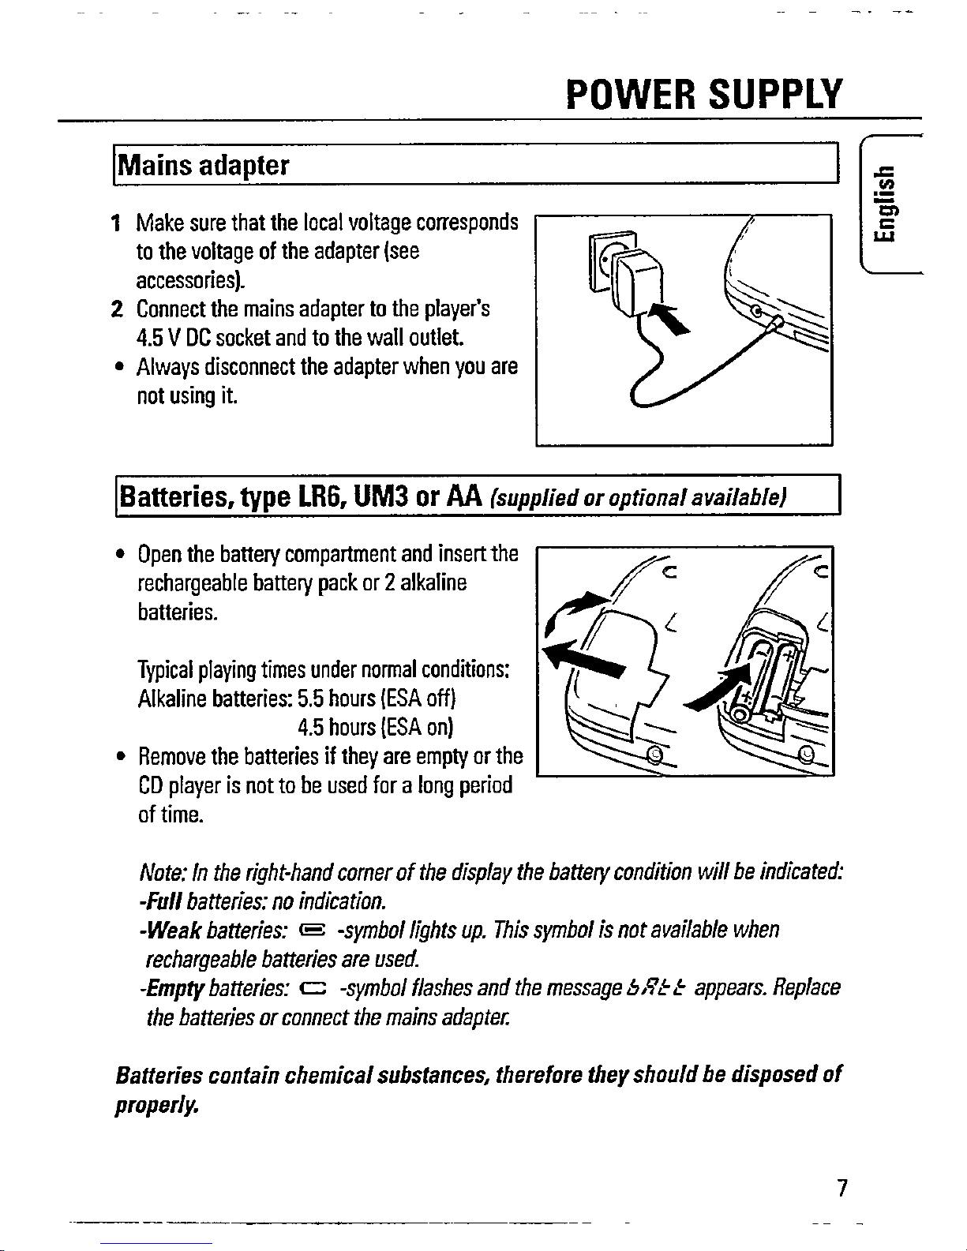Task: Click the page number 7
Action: tap(842, 1188)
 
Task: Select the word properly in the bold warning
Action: tap(154, 1102)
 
